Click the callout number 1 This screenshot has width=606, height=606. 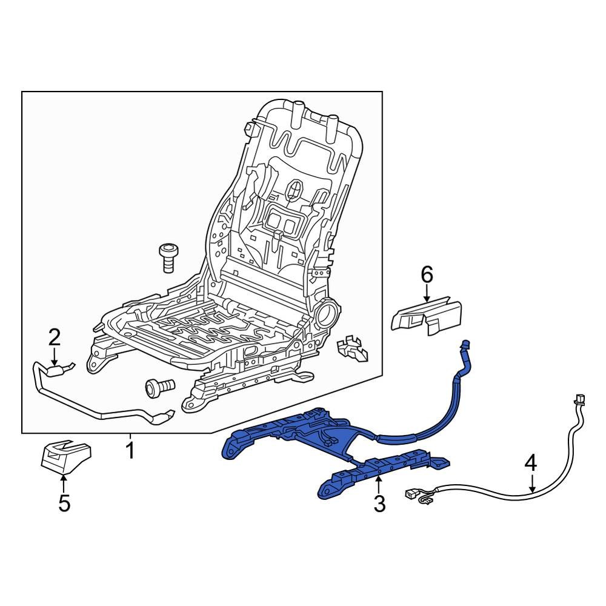point(130,451)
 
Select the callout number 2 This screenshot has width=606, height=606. point(55,336)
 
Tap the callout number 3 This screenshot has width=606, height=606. point(379,504)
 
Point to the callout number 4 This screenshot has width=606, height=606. point(530,464)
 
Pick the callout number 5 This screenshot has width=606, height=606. point(64,503)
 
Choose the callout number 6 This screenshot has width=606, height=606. point(427,275)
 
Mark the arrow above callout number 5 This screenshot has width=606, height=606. point(64,483)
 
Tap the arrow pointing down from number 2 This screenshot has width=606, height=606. point(55,356)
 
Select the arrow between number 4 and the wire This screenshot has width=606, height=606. point(531,484)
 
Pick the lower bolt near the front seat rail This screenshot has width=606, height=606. point(159,386)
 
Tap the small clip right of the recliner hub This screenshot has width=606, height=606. point(352,349)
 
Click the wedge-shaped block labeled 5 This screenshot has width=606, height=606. point(65,456)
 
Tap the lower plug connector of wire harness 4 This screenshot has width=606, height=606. point(413,495)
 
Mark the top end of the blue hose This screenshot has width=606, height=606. point(465,345)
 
